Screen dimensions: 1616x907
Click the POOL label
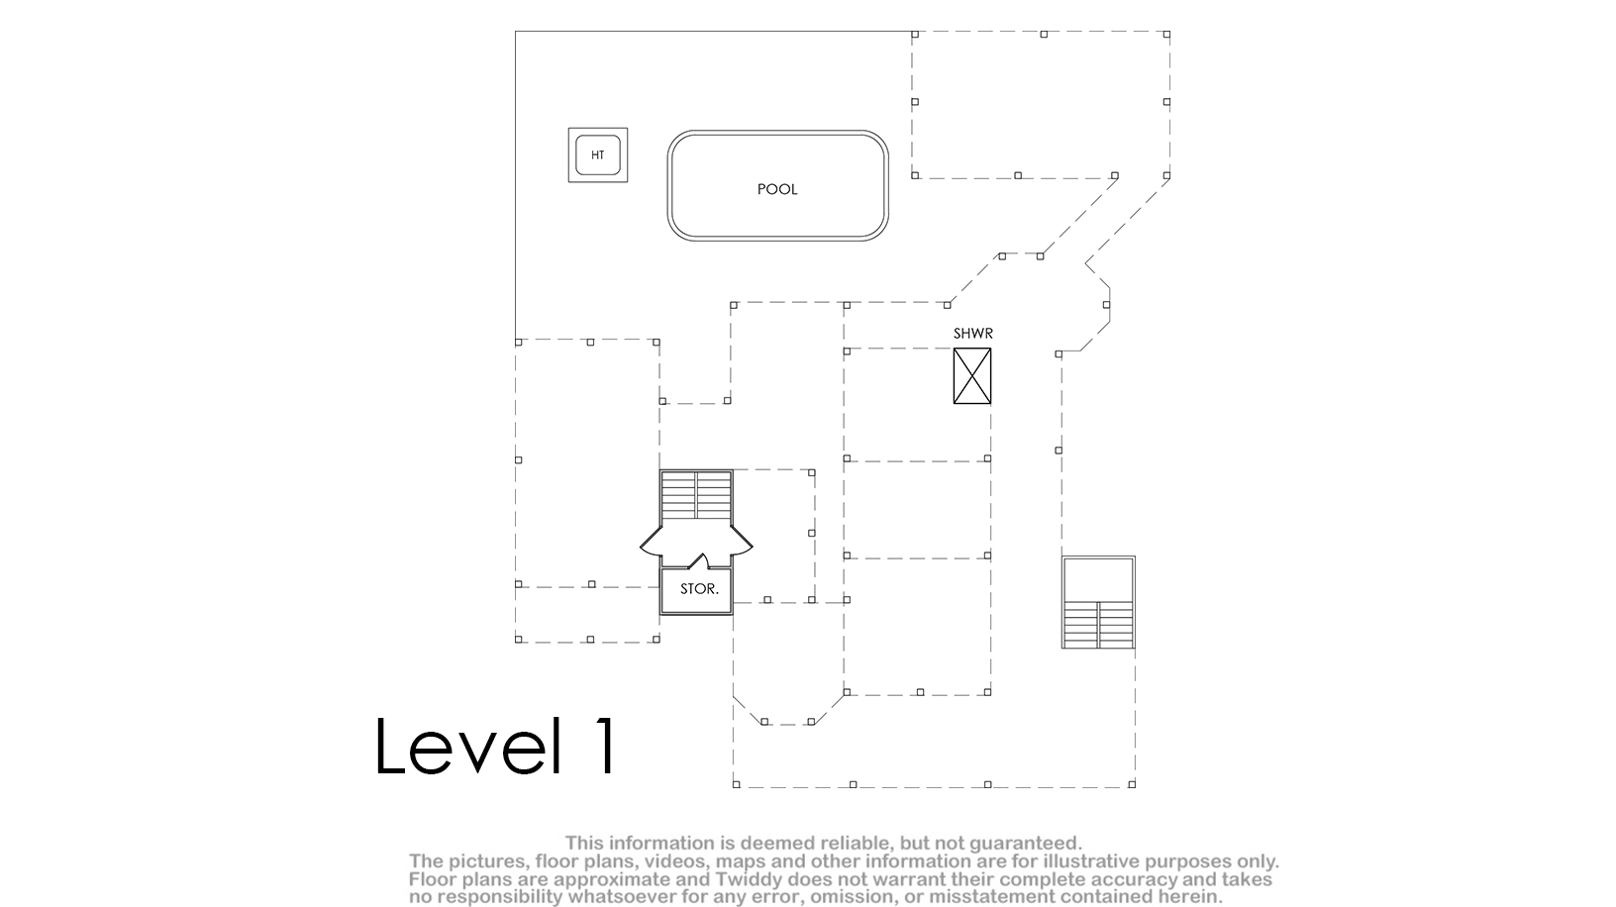click(777, 189)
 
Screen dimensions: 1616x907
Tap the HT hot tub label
click(597, 155)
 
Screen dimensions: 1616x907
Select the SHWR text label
click(973, 334)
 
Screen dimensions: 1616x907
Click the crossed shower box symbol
click(971, 376)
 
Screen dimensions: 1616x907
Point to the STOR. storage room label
click(699, 589)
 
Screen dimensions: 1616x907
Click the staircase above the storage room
click(696, 495)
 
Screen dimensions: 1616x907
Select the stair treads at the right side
click(1098, 624)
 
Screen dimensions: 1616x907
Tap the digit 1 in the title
click(605, 746)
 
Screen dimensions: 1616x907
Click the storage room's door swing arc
click(698, 559)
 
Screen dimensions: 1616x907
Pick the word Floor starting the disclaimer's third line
click(431, 879)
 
